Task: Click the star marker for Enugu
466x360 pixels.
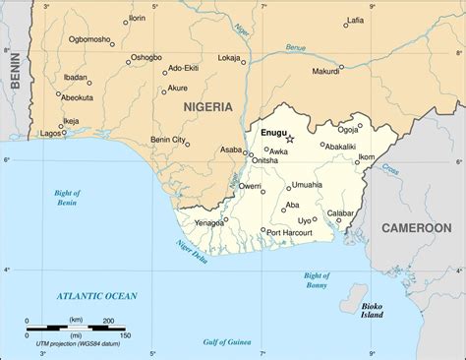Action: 289,139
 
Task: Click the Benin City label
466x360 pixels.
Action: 166,141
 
